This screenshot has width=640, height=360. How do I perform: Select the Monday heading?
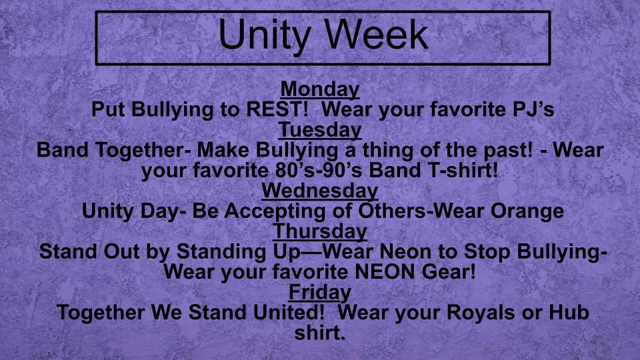(320, 89)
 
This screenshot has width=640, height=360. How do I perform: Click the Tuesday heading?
(320, 129)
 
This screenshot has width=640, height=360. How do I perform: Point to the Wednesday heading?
(320, 191)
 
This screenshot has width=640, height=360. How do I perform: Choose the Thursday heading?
(320, 231)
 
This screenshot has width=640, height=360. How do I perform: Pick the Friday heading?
(320, 292)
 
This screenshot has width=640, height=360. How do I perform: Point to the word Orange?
(527, 211)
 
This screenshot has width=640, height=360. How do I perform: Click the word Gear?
(448, 273)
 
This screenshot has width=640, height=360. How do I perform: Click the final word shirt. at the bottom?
(320, 333)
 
